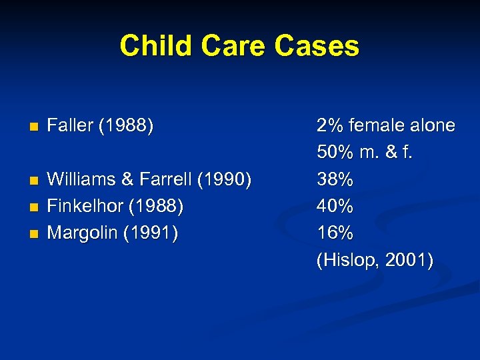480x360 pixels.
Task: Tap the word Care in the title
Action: tap(223, 46)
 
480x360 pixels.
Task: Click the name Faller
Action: tap(70, 125)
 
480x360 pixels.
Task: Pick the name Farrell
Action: tap(162, 180)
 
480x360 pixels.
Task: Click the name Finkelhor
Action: tap(87, 207)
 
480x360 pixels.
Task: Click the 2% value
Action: tap(330, 125)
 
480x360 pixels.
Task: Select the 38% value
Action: tap(335, 180)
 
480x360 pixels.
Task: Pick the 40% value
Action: tap(335, 207)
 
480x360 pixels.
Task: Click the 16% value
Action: tap(335, 233)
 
